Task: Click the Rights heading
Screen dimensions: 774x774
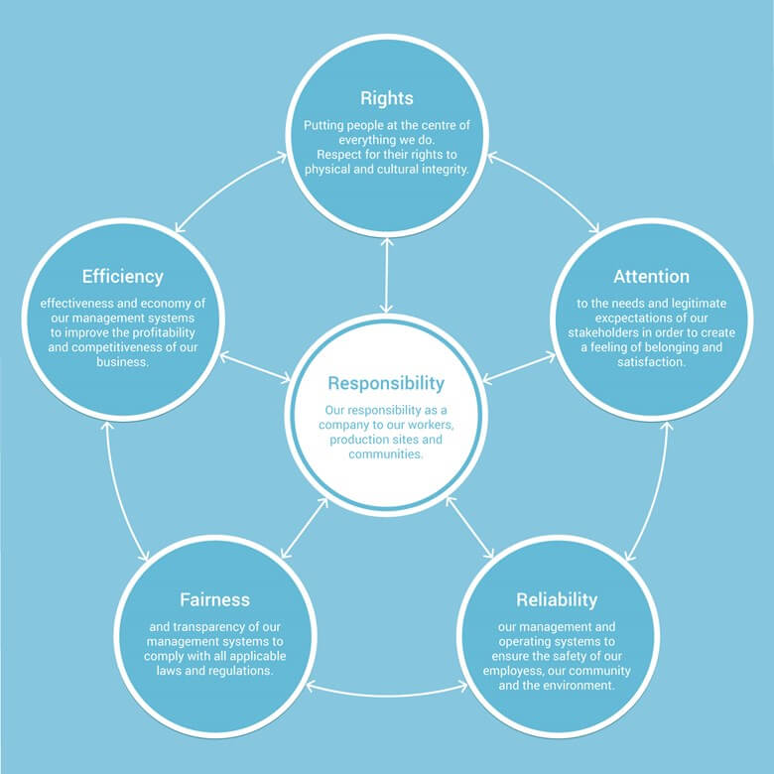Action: (387, 98)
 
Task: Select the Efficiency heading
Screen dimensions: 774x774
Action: (122, 277)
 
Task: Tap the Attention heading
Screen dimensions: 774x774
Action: (651, 277)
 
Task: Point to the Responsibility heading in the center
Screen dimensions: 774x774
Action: (386, 384)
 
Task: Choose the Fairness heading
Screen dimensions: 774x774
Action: (214, 599)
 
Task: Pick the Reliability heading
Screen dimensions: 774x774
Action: (557, 600)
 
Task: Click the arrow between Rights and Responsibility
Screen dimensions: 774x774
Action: (387, 276)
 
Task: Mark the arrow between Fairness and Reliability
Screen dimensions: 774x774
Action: (387, 695)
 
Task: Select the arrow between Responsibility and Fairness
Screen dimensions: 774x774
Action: (304, 528)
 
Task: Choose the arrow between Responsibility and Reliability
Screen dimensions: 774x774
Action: (469, 527)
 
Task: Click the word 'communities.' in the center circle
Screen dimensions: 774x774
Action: (386, 454)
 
